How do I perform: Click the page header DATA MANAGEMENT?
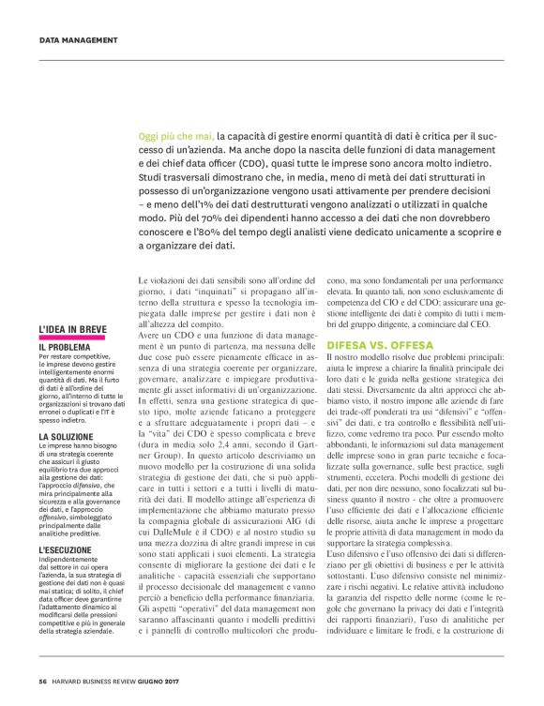click(x=78, y=40)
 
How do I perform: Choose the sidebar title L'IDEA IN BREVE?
click(x=72, y=328)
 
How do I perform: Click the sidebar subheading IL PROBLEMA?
click(x=65, y=347)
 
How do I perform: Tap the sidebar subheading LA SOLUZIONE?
click(x=67, y=437)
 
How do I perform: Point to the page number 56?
click(x=43, y=682)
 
